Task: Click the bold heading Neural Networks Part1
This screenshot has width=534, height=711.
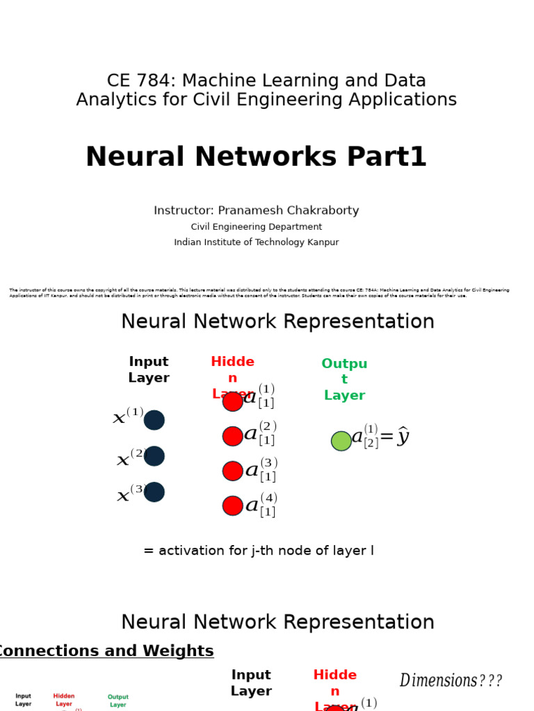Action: [x=256, y=158]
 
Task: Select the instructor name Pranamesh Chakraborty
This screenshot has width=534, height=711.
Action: [x=288, y=210]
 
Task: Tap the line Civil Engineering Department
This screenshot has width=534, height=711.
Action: [x=257, y=227]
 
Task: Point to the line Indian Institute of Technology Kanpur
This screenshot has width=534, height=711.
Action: [x=257, y=242]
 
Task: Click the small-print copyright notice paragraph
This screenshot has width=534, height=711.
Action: [x=259, y=293]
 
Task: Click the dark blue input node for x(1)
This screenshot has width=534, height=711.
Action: [x=154, y=420]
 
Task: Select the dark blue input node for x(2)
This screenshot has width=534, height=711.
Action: [x=154, y=456]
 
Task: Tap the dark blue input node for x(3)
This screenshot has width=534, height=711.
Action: [x=154, y=492]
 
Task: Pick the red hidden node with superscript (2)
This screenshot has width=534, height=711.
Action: [x=233, y=436]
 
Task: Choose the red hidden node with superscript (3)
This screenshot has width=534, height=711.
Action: [x=233, y=471]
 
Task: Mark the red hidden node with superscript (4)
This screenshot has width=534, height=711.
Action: [x=233, y=505]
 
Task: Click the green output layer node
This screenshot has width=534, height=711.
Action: [x=341, y=441]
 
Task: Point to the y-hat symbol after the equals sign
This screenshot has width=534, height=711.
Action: [x=403, y=437]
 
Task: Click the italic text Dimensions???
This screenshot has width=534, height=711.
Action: [x=451, y=680]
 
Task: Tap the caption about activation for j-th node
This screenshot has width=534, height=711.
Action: [x=259, y=551]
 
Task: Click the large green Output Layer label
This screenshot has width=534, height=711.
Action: [x=344, y=380]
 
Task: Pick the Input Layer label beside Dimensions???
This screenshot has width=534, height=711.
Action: [x=252, y=683]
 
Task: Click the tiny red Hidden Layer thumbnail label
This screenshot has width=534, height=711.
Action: [x=64, y=700]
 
